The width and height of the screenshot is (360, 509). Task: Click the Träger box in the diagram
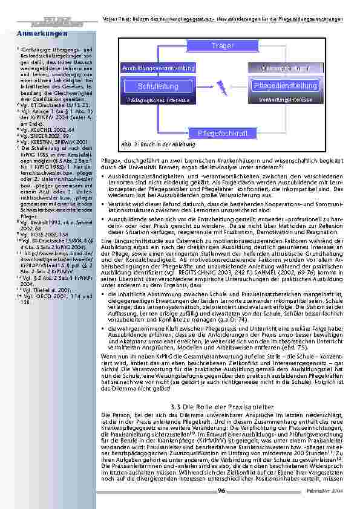click(223, 46)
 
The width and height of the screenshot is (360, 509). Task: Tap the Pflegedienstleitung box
click(286, 86)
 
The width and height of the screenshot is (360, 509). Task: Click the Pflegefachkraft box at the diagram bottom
click(223, 132)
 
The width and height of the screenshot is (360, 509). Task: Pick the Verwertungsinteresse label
click(286, 99)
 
